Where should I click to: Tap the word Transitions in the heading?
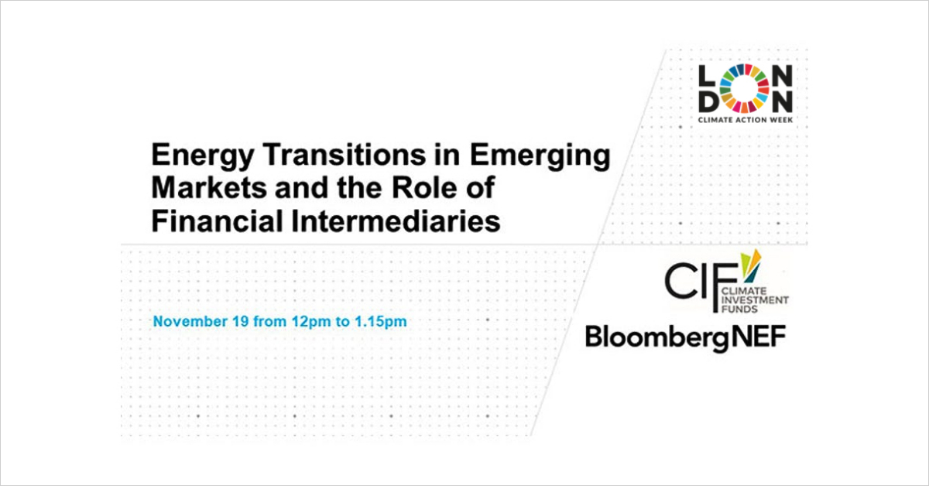click(x=345, y=154)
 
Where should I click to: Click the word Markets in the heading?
click(x=209, y=187)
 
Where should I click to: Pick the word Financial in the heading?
click(x=217, y=221)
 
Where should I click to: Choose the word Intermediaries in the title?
click(x=396, y=221)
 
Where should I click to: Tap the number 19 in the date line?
click(x=240, y=321)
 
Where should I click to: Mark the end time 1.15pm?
click(x=380, y=322)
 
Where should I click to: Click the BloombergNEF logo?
click(x=686, y=337)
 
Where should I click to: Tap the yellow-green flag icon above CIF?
click(x=751, y=265)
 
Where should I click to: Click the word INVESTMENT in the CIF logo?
click(x=755, y=299)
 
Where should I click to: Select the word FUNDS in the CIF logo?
click(x=739, y=309)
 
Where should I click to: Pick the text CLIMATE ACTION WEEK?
click(x=746, y=120)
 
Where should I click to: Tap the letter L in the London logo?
click(x=707, y=75)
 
